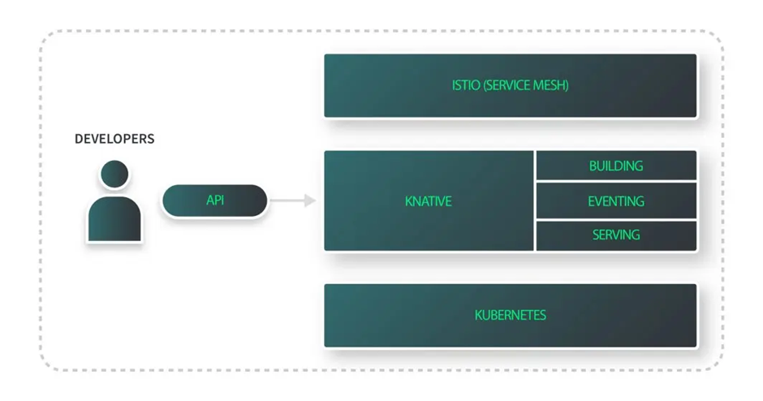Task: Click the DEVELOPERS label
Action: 114,139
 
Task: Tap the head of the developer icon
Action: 114,174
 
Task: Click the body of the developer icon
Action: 114,218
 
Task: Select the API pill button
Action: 214,200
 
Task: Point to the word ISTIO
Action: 466,85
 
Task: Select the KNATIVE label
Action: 428,200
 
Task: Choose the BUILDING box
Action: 615,166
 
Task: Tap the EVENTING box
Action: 615,200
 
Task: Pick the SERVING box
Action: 615,235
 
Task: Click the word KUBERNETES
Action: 510,315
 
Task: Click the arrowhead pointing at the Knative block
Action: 310,200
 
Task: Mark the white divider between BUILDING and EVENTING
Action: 615,182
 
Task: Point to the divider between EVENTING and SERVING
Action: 615,219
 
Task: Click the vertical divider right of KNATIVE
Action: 534,200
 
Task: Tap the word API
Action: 214,200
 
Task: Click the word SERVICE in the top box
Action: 507,85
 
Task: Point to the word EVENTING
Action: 615,200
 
